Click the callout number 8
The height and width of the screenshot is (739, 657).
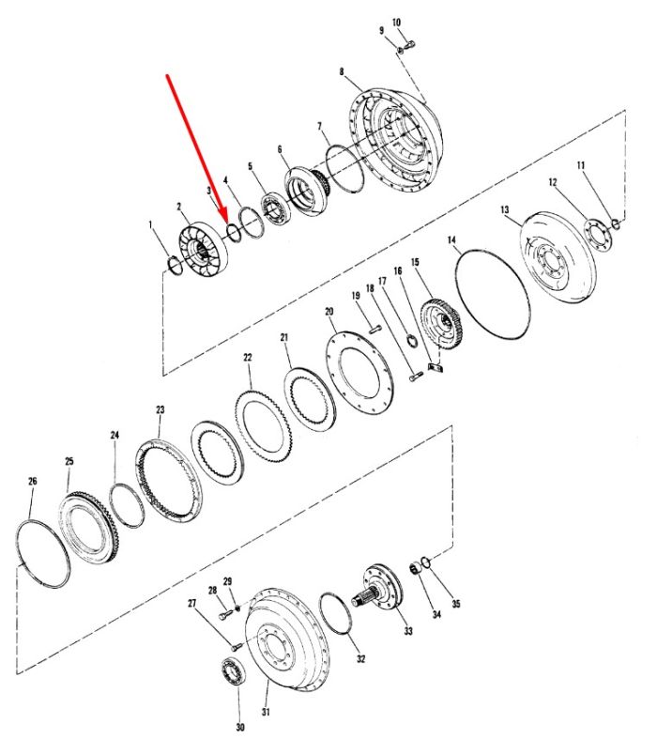(x=342, y=71)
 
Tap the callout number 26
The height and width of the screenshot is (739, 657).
(x=33, y=481)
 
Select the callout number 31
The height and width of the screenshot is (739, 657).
(x=267, y=712)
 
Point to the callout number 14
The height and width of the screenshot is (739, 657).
(x=452, y=240)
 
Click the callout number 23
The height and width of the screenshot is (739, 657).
(x=160, y=409)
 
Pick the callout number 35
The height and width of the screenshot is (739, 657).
(x=456, y=603)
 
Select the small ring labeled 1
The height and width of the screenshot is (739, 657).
(x=175, y=266)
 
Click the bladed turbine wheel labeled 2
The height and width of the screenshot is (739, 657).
(x=204, y=252)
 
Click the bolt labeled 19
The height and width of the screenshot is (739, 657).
(x=374, y=329)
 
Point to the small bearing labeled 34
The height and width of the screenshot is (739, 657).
(x=415, y=569)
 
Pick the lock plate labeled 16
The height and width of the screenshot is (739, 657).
(x=436, y=367)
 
